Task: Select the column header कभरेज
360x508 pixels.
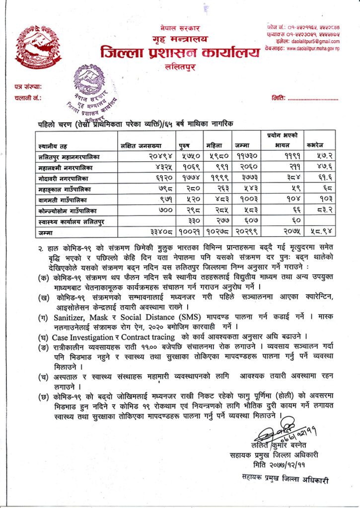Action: click(x=315, y=145)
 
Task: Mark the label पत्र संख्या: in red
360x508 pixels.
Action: click(x=28, y=87)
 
